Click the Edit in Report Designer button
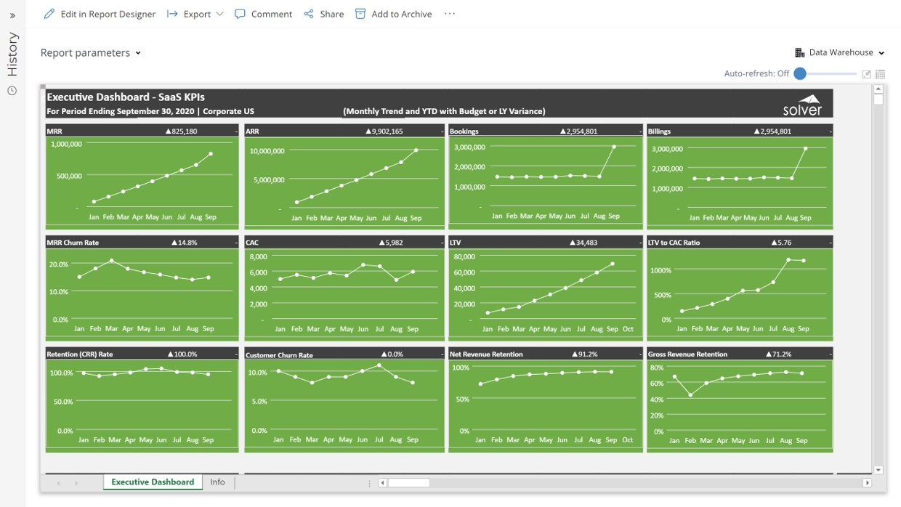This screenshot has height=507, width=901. [100, 14]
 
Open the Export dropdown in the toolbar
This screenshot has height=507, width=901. [195, 14]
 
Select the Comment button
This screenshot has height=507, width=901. [263, 14]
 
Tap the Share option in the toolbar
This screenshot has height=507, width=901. [324, 14]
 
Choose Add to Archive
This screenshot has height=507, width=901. [393, 14]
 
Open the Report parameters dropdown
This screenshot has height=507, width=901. [90, 53]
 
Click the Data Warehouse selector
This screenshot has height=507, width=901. [840, 52]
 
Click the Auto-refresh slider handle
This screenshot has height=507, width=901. [800, 73]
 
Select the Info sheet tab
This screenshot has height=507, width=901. [217, 482]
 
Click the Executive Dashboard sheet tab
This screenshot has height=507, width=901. [153, 482]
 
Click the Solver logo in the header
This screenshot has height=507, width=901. [802, 105]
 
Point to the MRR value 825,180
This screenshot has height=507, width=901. [181, 131]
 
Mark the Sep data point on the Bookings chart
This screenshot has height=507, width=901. [614, 147]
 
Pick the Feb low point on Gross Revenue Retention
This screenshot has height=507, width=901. [690, 395]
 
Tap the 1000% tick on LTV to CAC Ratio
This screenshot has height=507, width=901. [660, 270]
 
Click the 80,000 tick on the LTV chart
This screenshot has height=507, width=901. [464, 256]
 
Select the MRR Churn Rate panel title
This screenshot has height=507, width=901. [73, 243]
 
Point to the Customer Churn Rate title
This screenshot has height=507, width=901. [279, 355]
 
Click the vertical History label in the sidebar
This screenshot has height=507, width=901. [12, 54]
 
